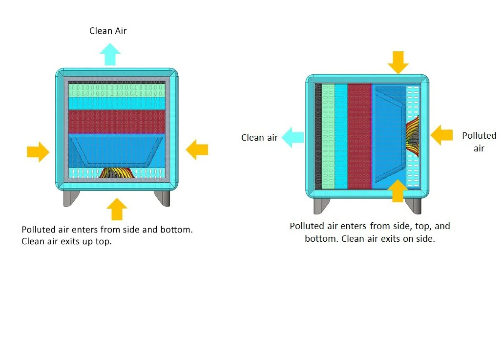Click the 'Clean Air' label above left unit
108,31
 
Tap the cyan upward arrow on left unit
110,54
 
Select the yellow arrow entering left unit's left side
38,152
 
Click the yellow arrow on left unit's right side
197,148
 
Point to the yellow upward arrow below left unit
116,209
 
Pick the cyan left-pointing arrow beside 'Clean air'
292,137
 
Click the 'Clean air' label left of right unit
259,138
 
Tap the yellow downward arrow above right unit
398,62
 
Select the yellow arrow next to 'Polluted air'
441,135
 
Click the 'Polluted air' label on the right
479,142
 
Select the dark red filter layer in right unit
359,136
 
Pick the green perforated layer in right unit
328,136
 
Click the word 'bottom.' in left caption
176,230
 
